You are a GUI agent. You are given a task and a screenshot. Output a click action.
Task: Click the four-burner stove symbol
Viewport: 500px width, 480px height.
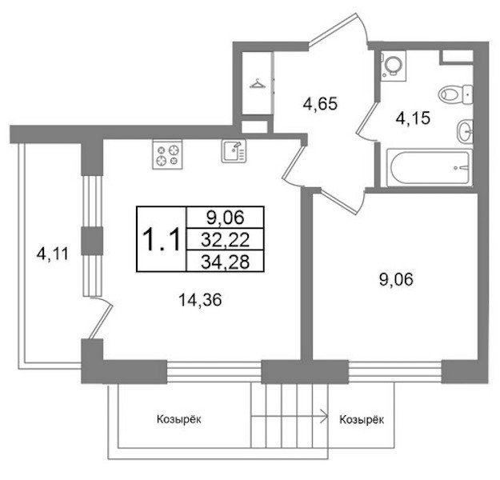coord(167,154)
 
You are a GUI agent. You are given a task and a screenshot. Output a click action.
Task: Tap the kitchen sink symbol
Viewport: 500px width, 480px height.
coord(234,151)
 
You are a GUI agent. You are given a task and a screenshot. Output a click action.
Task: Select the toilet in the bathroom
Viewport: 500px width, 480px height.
coord(455,94)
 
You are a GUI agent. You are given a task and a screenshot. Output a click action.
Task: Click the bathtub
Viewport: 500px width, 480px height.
coord(429,168)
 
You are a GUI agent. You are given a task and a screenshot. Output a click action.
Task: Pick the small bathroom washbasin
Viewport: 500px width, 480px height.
coord(465,131)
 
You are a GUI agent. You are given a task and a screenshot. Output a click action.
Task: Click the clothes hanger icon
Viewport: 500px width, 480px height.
coord(258,83)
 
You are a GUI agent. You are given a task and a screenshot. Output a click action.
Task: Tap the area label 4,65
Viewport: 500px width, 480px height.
coord(320,104)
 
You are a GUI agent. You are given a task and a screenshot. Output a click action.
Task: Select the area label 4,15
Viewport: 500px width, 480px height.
coord(413,118)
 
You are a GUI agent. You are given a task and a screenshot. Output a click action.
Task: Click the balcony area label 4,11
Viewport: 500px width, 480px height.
coord(53,254)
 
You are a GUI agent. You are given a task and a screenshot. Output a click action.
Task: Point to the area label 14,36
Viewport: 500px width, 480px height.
coord(200,300)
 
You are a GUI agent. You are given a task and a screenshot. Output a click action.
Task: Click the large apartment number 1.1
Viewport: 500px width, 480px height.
coord(162,239)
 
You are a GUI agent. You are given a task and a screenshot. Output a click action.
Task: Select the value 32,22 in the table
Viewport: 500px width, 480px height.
coord(225,239)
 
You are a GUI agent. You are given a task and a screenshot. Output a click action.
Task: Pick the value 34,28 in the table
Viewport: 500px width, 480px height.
coord(225,262)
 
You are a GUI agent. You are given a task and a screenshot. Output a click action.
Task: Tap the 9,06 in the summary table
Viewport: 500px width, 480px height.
coord(225,218)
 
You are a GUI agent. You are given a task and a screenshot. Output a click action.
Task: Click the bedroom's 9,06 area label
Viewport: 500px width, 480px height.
coord(396,280)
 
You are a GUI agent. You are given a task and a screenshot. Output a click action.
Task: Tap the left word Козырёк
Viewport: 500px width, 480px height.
coord(179,419)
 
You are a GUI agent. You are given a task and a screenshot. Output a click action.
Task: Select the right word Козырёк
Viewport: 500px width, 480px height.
coord(362,419)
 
